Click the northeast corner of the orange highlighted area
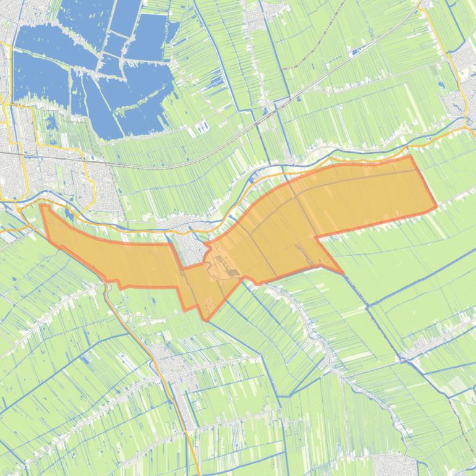(410, 156)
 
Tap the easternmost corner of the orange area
(436, 207)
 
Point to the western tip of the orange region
(41, 205)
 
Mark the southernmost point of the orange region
(207, 319)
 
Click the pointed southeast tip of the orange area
(342, 273)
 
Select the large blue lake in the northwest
(93, 68)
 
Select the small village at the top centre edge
(257, 19)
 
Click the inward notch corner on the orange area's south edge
(316, 237)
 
